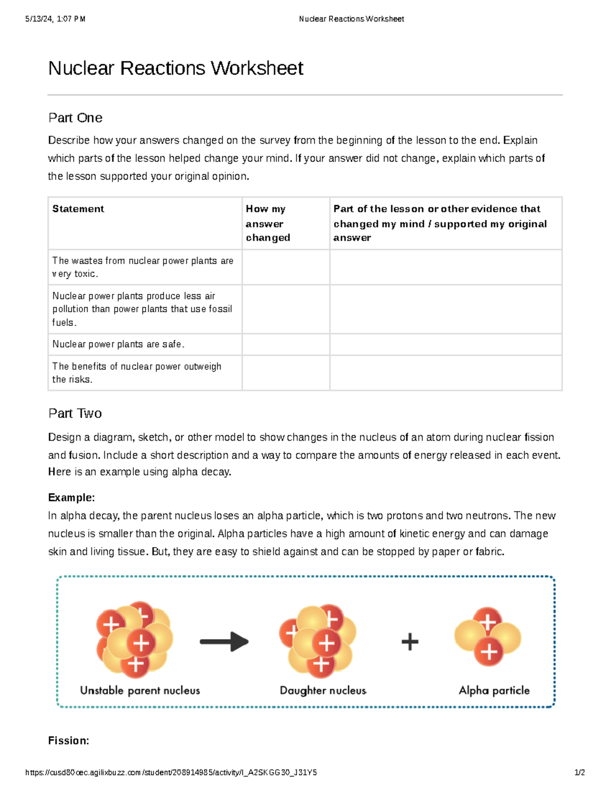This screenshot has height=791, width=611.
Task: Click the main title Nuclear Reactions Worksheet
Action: click(176, 68)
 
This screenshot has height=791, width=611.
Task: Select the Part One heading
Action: click(75, 118)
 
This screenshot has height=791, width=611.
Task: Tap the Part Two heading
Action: click(75, 413)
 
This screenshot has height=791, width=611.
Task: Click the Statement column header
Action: click(78, 209)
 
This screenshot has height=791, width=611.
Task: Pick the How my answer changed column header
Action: click(268, 223)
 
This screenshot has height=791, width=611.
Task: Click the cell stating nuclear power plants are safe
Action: click(118, 344)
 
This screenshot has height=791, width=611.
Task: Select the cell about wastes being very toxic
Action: click(143, 267)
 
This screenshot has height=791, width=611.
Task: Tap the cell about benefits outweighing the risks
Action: click(136, 373)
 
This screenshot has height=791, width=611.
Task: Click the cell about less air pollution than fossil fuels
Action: click(142, 309)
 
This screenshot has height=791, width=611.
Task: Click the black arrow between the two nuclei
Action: click(224, 642)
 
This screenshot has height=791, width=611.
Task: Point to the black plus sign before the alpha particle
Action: click(410, 642)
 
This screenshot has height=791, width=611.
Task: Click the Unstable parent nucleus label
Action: click(140, 691)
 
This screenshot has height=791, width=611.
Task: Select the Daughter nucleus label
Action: click(323, 691)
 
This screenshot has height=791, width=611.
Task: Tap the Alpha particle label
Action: click(494, 691)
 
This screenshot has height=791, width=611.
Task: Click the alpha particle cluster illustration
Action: click(488, 637)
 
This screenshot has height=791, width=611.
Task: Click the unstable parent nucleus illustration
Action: click(134, 640)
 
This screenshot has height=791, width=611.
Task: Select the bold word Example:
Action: click(71, 498)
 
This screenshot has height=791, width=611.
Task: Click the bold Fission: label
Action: click(69, 741)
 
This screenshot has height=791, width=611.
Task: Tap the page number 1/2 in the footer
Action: click(579, 773)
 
